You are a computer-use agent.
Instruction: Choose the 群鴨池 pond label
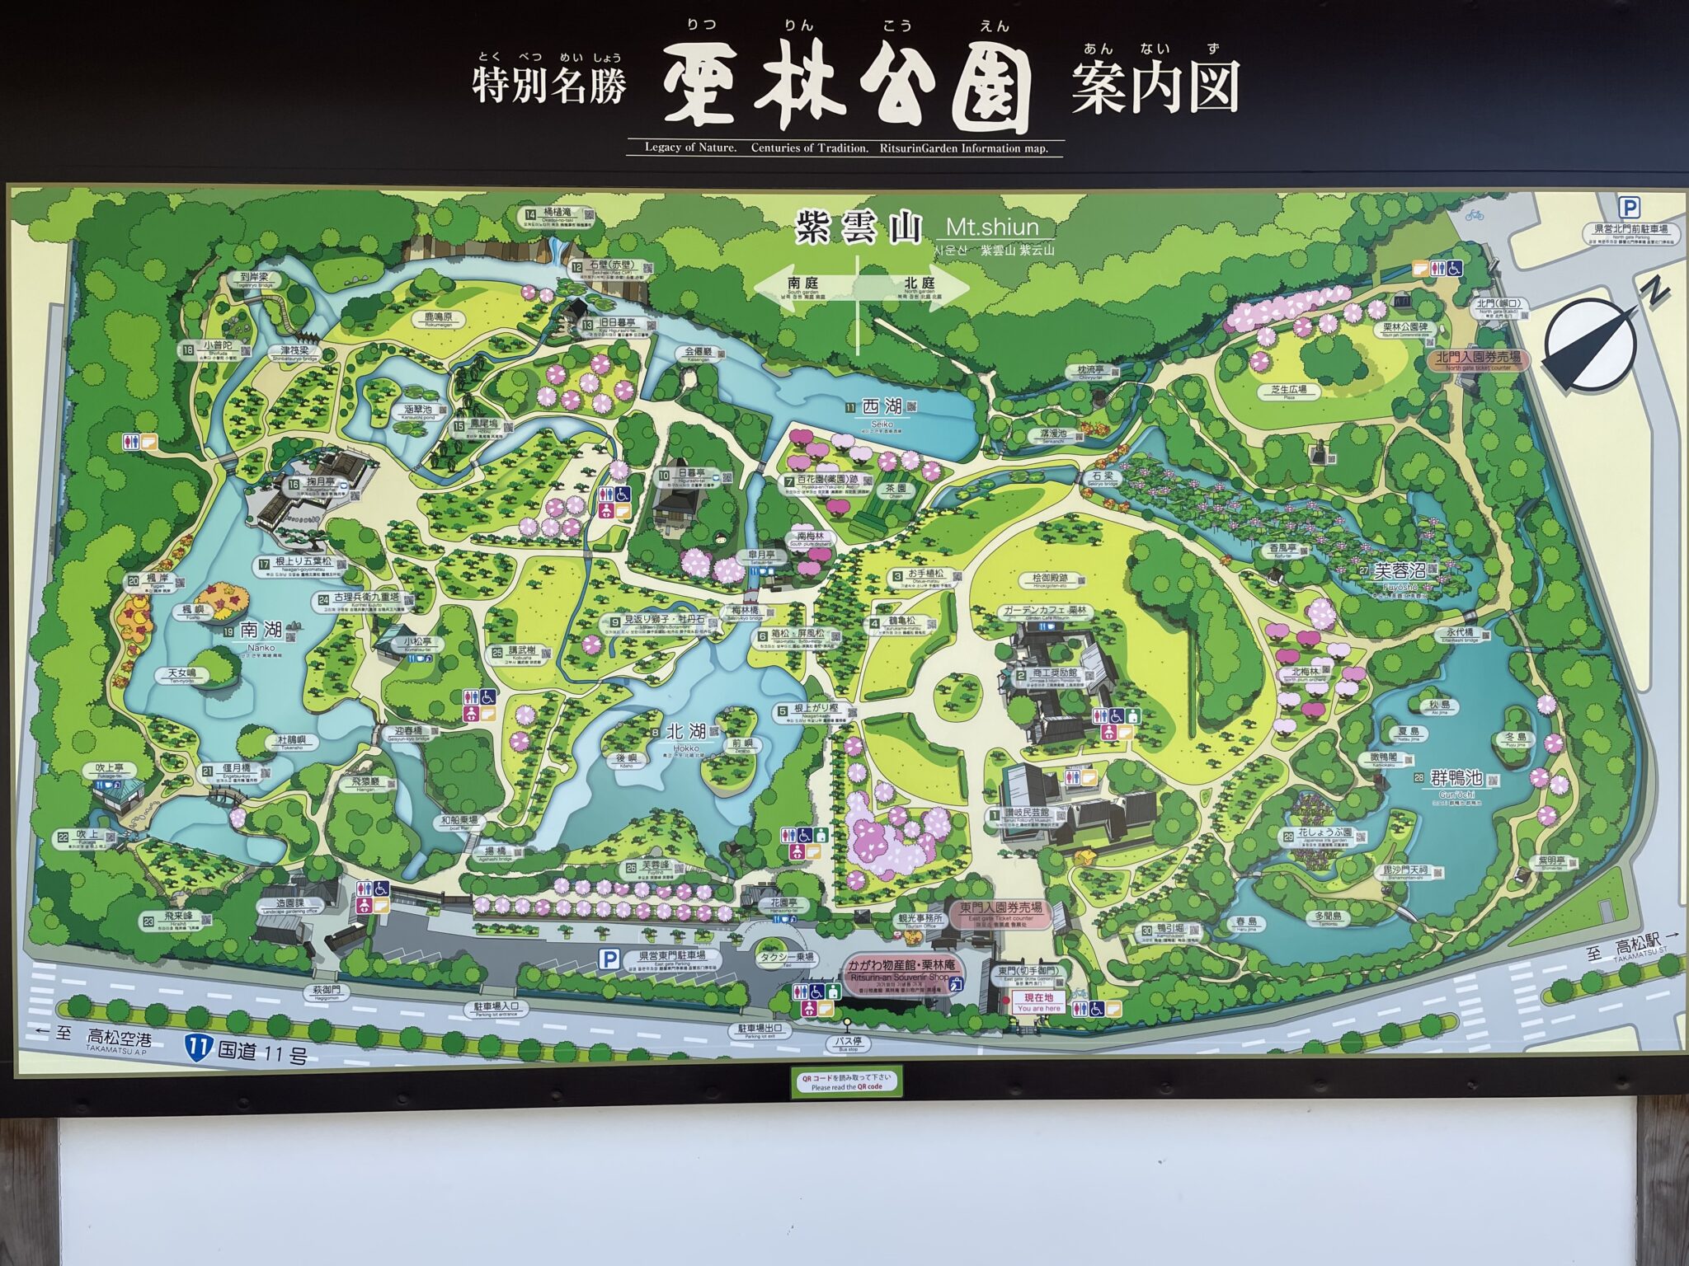point(1456,779)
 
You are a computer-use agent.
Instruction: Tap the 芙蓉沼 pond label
point(1400,571)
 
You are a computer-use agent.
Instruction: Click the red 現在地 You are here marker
point(1038,998)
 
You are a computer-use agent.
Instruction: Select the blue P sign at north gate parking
point(1629,208)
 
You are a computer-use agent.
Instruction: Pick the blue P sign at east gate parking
point(609,959)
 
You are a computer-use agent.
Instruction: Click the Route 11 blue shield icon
point(198,1048)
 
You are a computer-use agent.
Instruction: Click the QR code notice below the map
point(846,1081)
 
